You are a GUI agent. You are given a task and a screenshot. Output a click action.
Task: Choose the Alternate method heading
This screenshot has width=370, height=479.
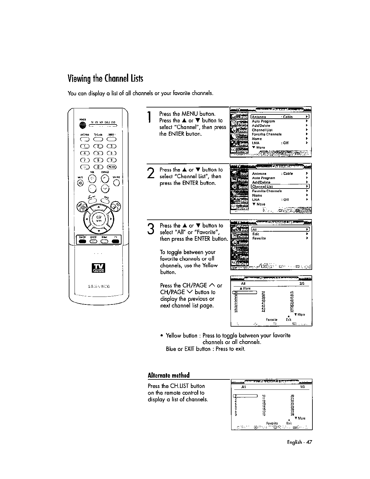[168, 375]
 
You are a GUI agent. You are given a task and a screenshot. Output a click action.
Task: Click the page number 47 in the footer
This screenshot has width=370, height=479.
[308, 442]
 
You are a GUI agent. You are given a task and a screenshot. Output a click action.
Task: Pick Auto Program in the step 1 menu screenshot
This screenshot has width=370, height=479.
[263, 121]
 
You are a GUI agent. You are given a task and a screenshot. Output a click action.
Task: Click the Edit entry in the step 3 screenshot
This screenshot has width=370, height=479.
[256, 234]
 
